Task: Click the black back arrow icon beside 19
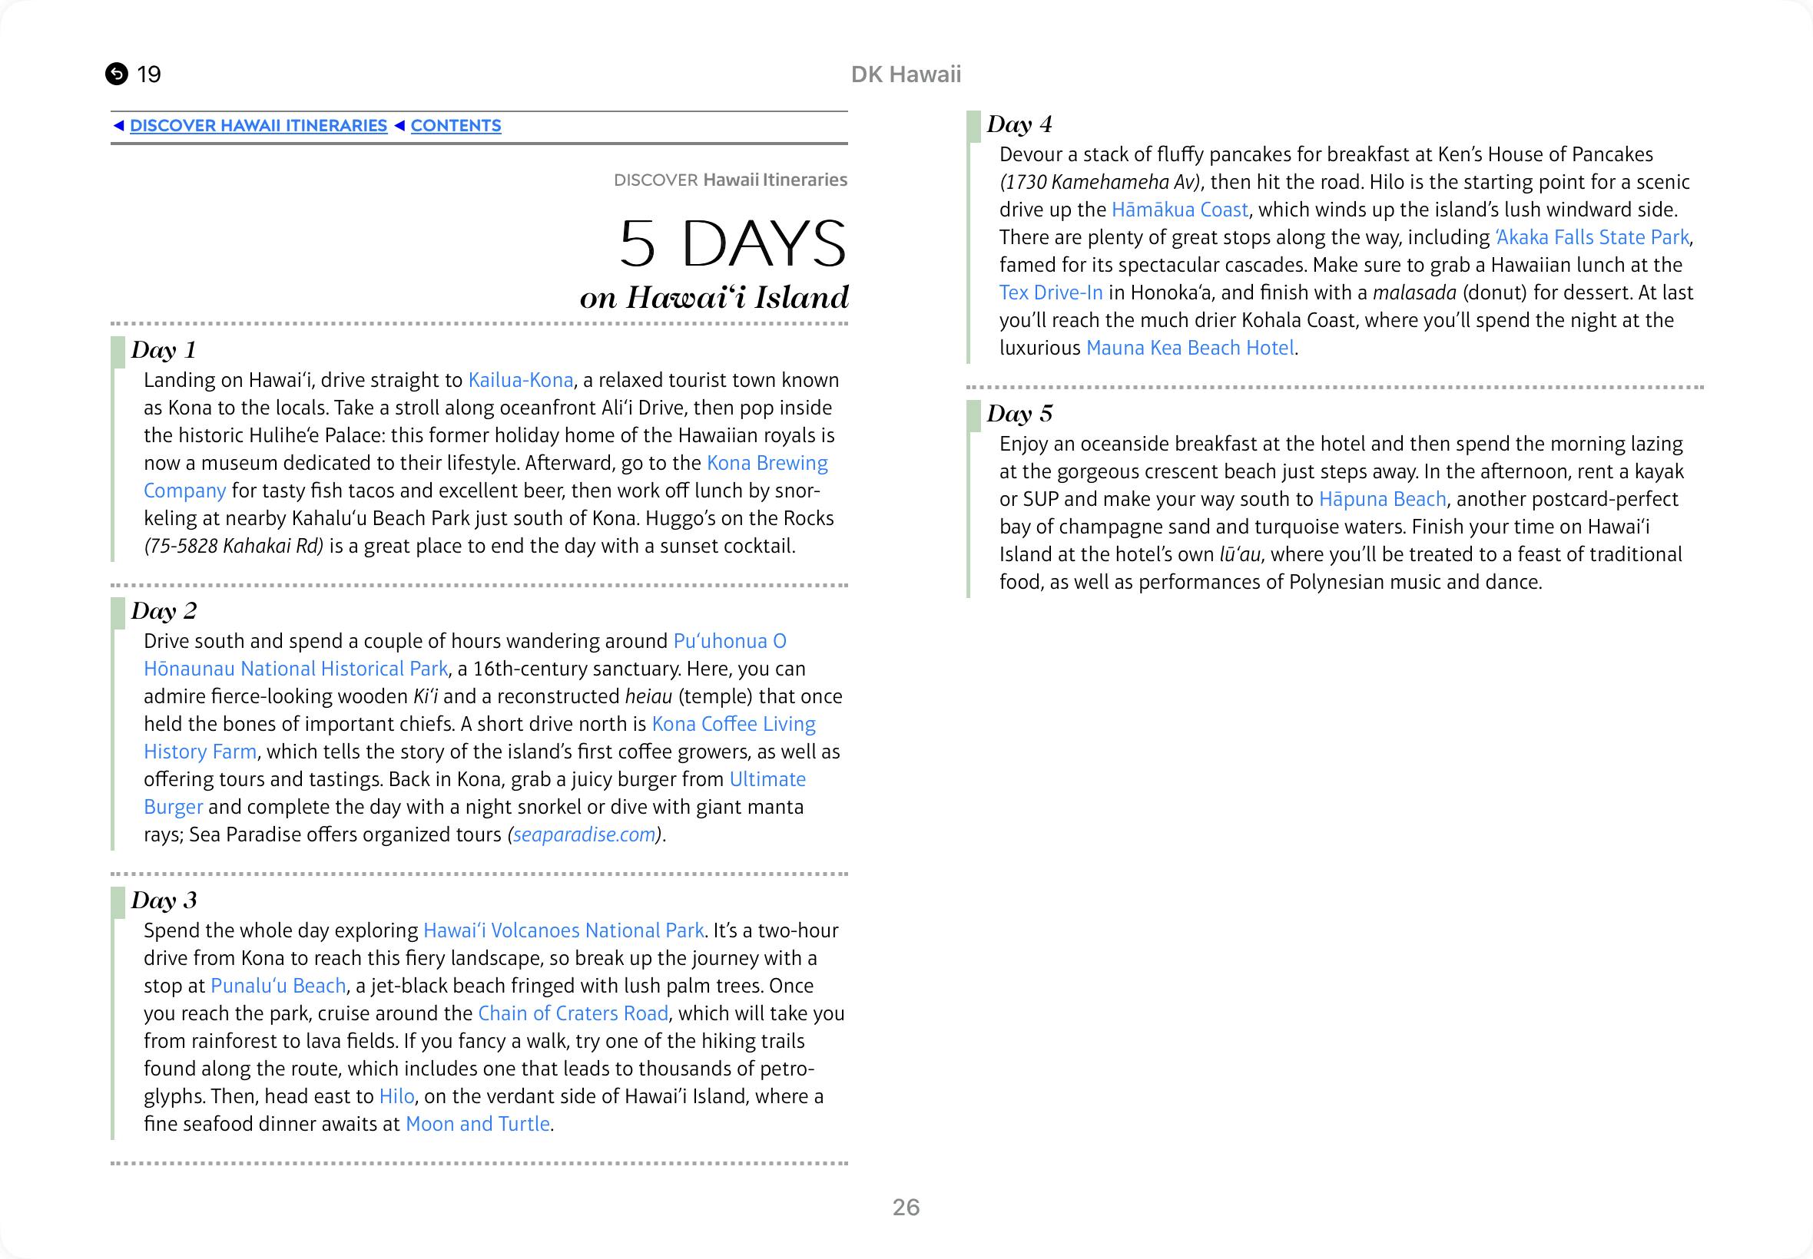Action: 116,74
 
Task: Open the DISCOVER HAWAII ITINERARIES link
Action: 258,125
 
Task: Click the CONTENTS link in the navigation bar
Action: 456,125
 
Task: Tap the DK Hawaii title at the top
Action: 905,74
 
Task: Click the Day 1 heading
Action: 164,349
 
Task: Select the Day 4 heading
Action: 1019,124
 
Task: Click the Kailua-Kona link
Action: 520,380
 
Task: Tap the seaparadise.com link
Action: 584,834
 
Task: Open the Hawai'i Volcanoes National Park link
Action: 563,931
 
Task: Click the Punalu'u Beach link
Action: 278,986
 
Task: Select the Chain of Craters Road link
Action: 573,1013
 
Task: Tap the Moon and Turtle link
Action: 478,1124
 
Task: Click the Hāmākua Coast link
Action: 1179,210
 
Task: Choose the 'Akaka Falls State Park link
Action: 1592,237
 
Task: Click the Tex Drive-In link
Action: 1051,292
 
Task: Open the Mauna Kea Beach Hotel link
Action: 1189,348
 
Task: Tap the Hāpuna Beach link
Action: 1382,499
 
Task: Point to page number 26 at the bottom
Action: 905,1207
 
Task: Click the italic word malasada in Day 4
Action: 1414,292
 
